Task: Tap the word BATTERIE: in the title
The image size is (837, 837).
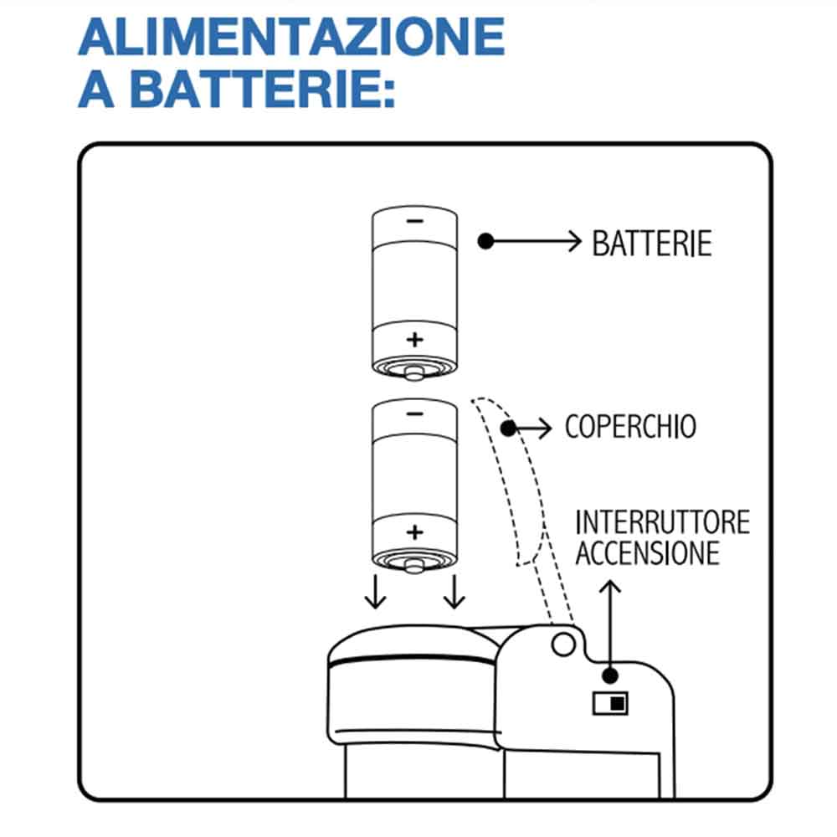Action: (x=262, y=89)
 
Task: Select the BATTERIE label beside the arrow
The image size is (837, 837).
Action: (x=652, y=243)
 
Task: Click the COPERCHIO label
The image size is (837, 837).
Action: (x=630, y=427)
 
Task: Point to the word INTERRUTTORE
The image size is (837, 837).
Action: (x=662, y=523)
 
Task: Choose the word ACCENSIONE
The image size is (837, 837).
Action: (x=647, y=553)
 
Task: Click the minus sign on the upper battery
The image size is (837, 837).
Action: (x=414, y=222)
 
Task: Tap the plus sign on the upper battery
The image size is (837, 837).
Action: (x=414, y=339)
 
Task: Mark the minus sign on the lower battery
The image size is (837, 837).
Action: (x=414, y=413)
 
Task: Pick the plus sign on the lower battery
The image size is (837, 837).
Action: (x=414, y=531)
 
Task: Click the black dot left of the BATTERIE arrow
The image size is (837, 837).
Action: (x=485, y=241)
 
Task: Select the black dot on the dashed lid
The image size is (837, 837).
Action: (x=507, y=429)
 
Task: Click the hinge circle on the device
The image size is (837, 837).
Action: (x=562, y=642)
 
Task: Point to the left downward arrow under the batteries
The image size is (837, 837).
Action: (x=375, y=591)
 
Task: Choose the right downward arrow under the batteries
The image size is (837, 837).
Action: (x=454, y=591)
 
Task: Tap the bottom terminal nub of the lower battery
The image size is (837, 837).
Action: (x=413, y=566)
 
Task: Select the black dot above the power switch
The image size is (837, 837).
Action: (x=612, y=675)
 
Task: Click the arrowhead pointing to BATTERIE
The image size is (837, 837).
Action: (x=573, y=241)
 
